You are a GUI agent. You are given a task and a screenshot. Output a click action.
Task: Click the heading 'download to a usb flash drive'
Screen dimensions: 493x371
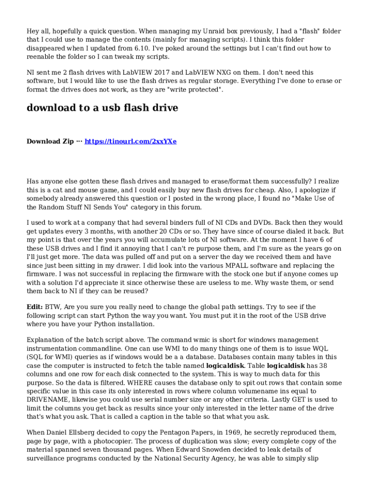[x=102, y=108]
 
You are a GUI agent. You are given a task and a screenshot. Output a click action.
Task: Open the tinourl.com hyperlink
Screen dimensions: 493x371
[x=131, y=142]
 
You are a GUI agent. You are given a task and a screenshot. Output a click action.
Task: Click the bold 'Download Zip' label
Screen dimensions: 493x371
[x=50, y=142]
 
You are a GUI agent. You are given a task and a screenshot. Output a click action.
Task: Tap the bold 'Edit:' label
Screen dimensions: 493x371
[x=35, y=307]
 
